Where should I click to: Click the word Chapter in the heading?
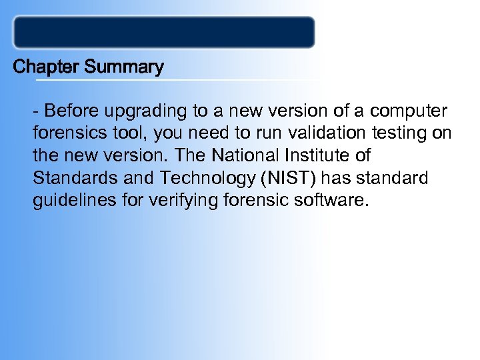[43, 67]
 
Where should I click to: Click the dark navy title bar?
[164, 32]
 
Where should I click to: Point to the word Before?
[71, 110]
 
